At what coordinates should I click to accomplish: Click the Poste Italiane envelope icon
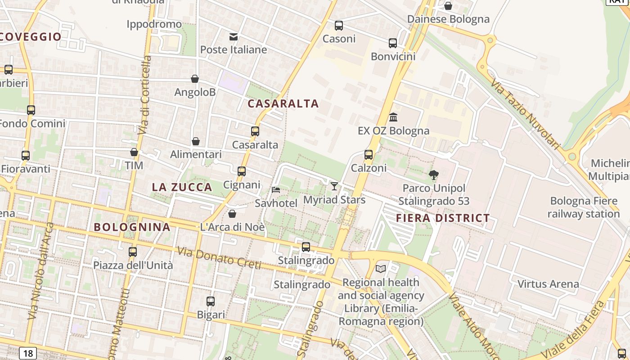click(x=234, y=36)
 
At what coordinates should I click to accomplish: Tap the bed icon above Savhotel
click(x=276, y=190)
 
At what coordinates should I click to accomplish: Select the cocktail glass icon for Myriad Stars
click(x=334, y=186)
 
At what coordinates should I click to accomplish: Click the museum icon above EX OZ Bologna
click(x=393, y=117)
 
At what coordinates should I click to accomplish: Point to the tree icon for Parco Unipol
click(x=434, y=175)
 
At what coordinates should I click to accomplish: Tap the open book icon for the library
click(x=381, y=269)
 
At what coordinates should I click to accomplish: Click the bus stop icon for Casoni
click(x=339, y=26)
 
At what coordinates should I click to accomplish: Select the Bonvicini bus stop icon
click(x=393, y=43)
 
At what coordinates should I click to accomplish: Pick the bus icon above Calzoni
click(x=369, y=155)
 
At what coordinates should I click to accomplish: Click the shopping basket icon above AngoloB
click(x=195, y=79)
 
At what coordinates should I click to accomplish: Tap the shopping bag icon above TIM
click(x=134, y=152)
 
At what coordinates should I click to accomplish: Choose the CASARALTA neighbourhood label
click(x=283, y=103)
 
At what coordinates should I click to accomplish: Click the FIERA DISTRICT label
click(x=443, y=218)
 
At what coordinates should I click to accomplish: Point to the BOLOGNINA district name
click(x=132, y=227)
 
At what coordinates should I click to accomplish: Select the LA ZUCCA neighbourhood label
click(x=182, y=187)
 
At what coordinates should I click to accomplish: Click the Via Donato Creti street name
click(x=219, y=258)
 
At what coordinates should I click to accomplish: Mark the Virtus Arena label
click(x=548, y=284)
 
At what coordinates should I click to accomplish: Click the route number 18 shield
click(x=28, y=353)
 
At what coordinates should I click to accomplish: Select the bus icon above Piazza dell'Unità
click(x=133, y=252)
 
